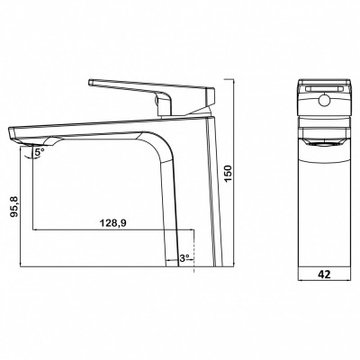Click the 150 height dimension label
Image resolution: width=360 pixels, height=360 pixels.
[229, 174]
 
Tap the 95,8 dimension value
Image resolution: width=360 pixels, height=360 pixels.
[15, 206]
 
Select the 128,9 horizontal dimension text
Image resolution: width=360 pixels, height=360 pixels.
[112, 223]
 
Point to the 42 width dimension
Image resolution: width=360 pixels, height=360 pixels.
[324, 274]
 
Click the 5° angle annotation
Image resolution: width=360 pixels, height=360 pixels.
[39, 152]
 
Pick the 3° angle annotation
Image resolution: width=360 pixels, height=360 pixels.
[184, 257]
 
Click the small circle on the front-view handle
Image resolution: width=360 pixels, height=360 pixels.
[324, 100]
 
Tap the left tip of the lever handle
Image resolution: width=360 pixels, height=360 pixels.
[89, 82]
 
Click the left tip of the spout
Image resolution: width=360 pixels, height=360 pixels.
[8, 131]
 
